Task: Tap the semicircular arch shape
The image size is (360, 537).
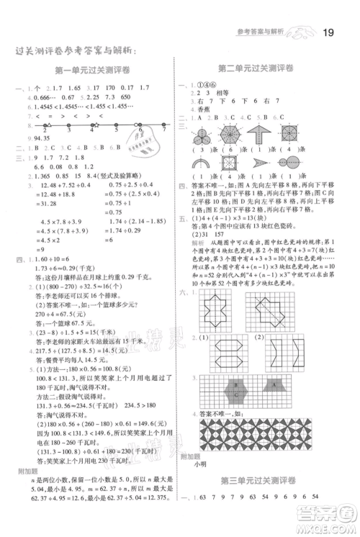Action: point(204,166)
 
